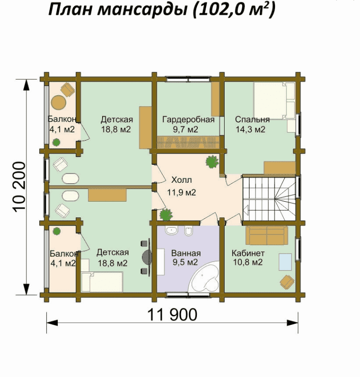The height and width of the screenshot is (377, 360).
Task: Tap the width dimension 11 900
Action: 172,315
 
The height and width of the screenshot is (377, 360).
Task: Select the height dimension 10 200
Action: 19,187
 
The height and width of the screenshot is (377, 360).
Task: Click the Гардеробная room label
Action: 188,119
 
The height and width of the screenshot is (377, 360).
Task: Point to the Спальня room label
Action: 252,119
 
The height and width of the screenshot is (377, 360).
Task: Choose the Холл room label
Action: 182,179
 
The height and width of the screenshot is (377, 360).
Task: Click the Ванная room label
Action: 186,253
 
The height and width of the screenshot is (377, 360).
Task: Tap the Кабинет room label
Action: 248,253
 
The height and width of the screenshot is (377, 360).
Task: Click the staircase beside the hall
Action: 269,199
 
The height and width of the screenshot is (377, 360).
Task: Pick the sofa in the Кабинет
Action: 267,235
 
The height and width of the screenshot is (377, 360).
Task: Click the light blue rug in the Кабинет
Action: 285,262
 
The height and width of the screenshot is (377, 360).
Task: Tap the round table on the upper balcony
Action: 58,103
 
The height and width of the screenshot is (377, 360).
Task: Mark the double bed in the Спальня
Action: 275,101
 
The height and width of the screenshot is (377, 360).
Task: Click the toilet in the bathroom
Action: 189,231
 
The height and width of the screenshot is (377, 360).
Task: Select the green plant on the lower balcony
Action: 57,232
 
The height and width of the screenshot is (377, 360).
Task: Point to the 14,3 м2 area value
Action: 250,130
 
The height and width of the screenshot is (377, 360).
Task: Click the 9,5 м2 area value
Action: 185,262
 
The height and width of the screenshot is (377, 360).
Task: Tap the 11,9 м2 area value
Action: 182,192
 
